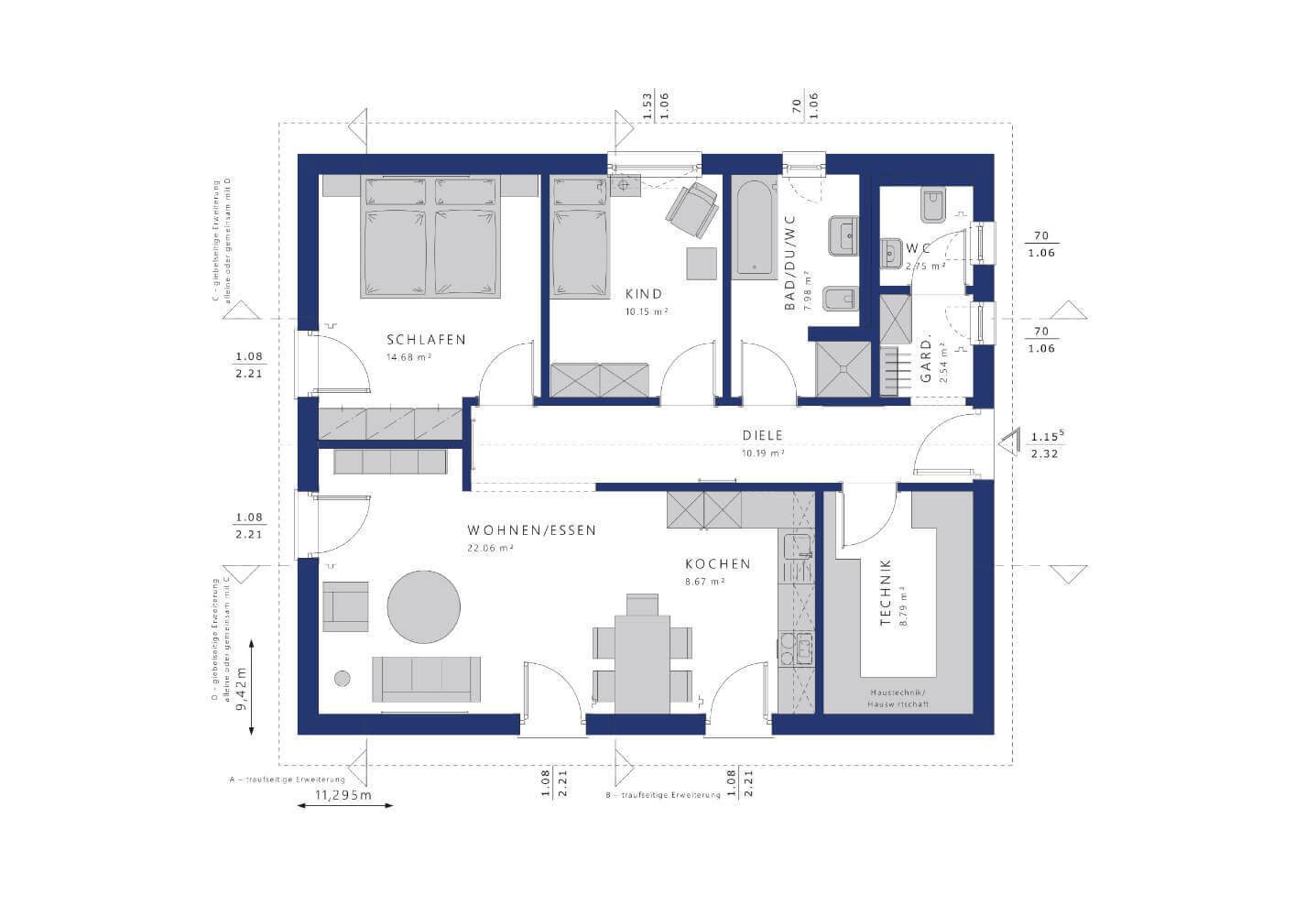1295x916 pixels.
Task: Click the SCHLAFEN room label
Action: click(x=426, y=339)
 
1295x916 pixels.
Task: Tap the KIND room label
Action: click(x=643, y=294)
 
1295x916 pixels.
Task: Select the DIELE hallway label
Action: click(x=762, y=436)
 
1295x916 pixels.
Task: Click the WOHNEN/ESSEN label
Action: click(x=531, y=530)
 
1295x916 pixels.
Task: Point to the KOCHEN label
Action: click(x=718, y=564)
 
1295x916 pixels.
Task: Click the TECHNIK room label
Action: click(x=886, y=594)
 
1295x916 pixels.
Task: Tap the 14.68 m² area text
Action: click(x=408, y=357)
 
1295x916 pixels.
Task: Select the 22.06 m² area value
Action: click(x=490, y=548)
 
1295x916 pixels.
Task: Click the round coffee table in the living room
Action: click(x=424, y=606)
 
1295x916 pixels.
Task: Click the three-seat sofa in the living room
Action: click(x=427, y=678)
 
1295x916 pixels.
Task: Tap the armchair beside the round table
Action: click(x=345, y=606)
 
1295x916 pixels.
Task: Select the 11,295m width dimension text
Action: click(x=343, y=795)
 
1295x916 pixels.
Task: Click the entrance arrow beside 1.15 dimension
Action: click(x=1010, y=443)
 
